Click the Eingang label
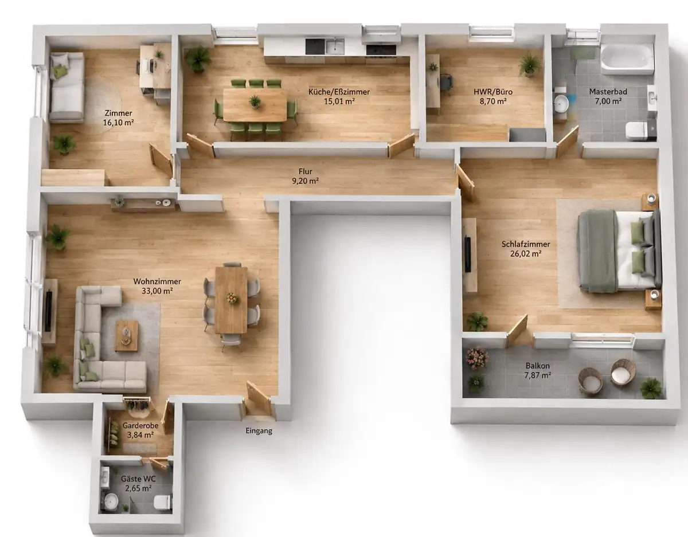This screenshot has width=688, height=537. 259,430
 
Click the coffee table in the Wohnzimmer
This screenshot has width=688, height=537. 126,335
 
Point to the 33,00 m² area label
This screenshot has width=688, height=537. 157,291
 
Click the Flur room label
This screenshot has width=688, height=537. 305,171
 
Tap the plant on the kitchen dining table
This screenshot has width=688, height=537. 255,102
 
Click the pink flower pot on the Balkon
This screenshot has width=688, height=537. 476,358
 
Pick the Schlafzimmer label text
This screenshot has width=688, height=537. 526,244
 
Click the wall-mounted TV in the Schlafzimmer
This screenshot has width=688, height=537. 468,253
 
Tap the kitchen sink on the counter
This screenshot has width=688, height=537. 335,46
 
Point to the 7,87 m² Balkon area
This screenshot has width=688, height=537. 538,375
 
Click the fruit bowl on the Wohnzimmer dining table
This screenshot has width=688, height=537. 232,298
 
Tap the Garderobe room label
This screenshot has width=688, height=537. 140,425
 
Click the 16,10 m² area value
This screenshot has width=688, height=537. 119,123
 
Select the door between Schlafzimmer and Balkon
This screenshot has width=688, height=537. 517,330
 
